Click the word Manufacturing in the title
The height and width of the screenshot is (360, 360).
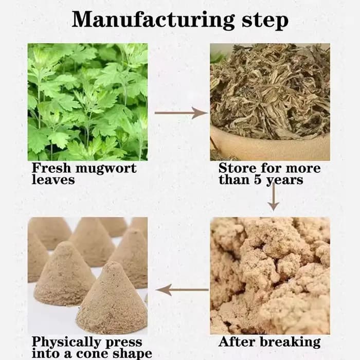[x=153, y=20]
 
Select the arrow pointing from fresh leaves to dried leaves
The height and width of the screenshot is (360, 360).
[x=181, y=113]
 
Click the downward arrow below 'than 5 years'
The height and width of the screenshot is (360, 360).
[x=274, y=197]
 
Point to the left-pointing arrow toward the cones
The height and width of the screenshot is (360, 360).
[x=182, y=290]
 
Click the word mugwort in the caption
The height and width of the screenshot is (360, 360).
[x=106, y=169]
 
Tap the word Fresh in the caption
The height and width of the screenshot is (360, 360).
[x=51, y=168]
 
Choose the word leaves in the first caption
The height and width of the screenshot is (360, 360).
[x=53, y=179]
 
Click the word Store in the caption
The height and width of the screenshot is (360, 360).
[x=238, y=168]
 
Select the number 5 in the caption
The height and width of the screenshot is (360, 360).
[x=258, y=179]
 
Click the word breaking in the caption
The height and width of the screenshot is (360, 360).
[x=291, y=342]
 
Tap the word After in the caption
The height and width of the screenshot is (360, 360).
[x=238, y=341]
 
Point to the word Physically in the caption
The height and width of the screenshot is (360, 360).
[x=66, y=343]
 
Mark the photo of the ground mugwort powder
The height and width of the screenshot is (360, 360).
[x=270, y=276]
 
